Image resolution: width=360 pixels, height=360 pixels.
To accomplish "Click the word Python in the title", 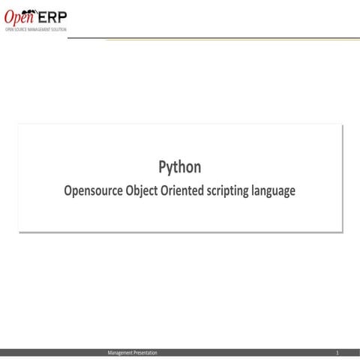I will point(179,166).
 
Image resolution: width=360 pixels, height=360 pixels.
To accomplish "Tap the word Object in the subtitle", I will point(148,190).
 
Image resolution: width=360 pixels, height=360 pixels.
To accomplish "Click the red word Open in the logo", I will point(20,17).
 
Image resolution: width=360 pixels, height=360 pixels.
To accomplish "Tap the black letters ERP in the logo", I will point(53,16).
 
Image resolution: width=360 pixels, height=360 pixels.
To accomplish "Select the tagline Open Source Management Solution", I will point(35,28).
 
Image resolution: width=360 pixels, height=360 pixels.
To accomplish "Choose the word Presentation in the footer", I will point(145,352).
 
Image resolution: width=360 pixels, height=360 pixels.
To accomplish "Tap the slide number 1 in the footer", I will point(337,352).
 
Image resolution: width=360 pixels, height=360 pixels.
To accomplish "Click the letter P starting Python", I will point(162,166).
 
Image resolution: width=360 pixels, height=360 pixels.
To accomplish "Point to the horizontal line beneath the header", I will point(225,37).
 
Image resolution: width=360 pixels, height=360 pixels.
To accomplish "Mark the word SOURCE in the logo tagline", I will point(20,28).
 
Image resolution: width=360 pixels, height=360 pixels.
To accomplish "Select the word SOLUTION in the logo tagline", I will point(58,28).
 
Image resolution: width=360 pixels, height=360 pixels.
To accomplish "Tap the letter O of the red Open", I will point(10,17).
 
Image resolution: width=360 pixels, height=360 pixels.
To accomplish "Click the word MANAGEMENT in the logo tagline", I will point(38,28).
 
